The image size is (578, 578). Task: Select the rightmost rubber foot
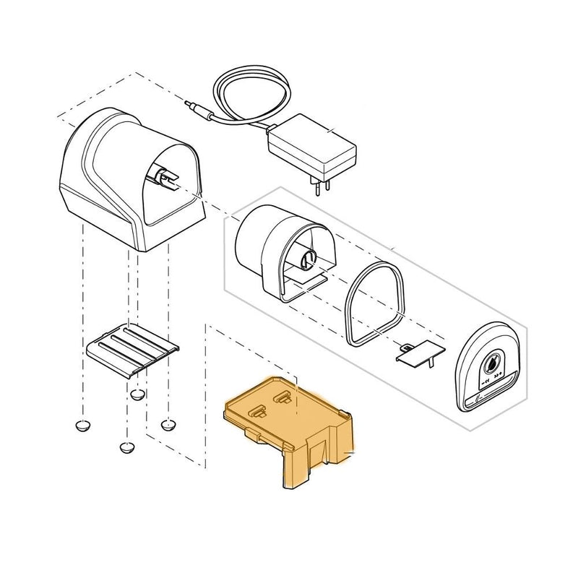point(170,423)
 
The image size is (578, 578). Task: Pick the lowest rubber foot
point(127,447)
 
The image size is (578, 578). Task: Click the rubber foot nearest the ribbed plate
point(137,394)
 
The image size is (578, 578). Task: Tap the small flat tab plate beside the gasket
point(415,353)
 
